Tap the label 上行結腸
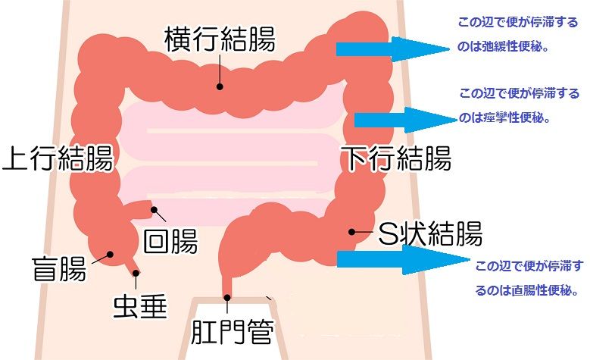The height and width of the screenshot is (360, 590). [58, 160]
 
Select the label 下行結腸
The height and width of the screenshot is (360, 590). [395, 159]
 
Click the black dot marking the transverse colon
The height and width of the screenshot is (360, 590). [220, 86]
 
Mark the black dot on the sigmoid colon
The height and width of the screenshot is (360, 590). [351, 232]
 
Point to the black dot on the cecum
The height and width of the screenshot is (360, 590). [110, 255]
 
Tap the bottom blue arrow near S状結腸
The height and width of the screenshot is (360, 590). [401, 259]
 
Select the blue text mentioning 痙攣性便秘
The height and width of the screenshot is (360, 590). [519, 106]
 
